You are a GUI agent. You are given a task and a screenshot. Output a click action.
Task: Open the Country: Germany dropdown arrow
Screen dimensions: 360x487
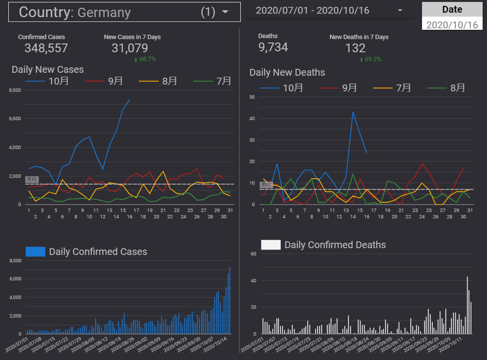[x=225, y=12]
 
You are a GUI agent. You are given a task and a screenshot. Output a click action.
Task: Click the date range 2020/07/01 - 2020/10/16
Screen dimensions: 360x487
[x=313, y=10]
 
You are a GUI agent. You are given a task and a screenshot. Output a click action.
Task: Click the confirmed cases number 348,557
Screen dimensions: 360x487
[x=46, y=48]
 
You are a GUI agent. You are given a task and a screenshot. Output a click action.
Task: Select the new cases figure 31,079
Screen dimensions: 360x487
[x=129, y=48]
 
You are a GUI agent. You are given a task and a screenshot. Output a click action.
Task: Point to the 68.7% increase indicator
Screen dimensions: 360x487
[x=145, y=59]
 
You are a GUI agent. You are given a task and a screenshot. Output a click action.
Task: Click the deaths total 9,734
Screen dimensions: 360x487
[x=273, y=47]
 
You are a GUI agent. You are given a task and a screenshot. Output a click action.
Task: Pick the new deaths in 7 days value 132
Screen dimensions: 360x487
[x=355, y=48]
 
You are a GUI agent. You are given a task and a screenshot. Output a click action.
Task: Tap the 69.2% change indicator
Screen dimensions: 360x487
[x=371, y=59]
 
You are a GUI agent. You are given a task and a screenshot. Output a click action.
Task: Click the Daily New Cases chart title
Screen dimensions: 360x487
[x=48, y=69]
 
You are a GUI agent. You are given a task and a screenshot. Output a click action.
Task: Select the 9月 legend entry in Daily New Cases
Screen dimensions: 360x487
[x=115, y=81]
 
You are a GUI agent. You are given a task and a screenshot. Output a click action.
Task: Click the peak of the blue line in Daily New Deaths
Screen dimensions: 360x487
[x=353, y=112]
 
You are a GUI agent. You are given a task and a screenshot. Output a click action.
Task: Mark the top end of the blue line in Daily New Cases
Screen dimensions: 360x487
[x=129, y=100]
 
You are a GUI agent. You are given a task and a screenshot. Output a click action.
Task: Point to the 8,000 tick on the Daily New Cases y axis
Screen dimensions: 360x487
[x=15, y=90]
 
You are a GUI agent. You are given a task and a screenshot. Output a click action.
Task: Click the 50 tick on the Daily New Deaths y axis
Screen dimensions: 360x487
[x=253, y=97]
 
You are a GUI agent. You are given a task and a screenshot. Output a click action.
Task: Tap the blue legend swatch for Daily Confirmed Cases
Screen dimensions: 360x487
[x=35, y=252]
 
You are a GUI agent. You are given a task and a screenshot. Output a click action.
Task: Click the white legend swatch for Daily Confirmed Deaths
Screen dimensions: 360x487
[x=271, y=245]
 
